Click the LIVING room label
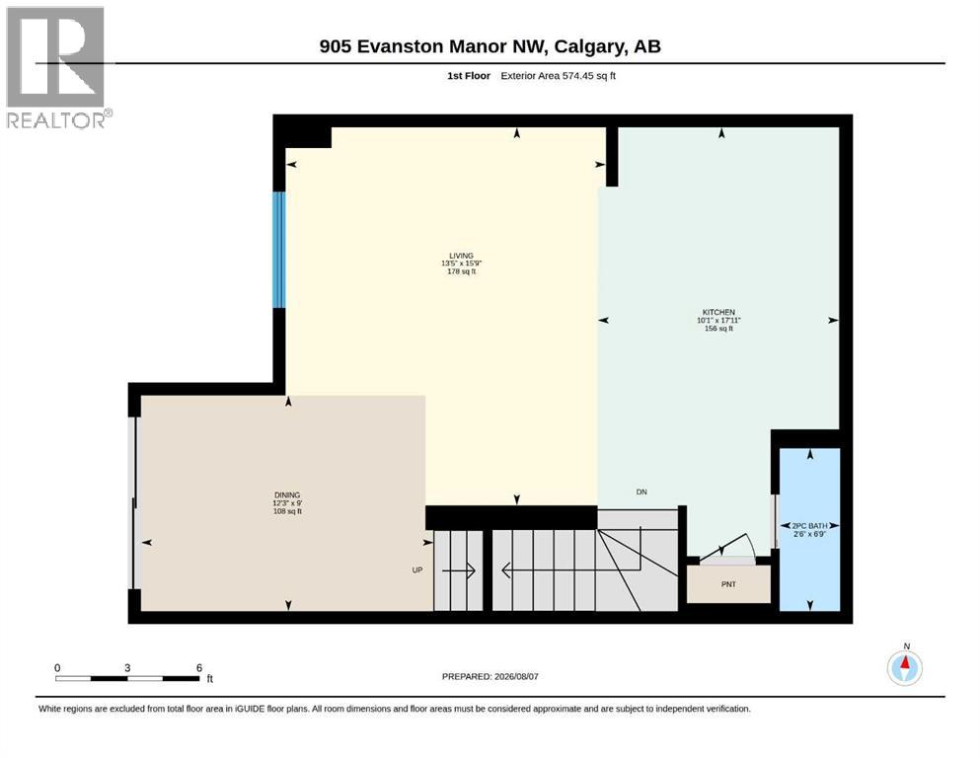[x=461, y=256]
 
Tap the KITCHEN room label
[x=718, y=312]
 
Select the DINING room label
[x=287, y=494]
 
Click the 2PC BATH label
[x=809, y=526]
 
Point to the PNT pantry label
[x=728, y=584]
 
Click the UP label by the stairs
[x=417, y=569]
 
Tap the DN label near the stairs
[x=641, y=492]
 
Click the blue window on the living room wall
[x=279, y=250]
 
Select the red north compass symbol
[x=905, y=668]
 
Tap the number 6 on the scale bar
[x=199, y=667]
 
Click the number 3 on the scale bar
[x=127, y=667]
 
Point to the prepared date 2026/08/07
[x=516, y=676]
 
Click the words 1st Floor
[x=469, y=76]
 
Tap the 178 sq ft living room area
[x=461, y=271]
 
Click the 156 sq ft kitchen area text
[x=718, y=328]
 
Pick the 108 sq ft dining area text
[x=287, y=511]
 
